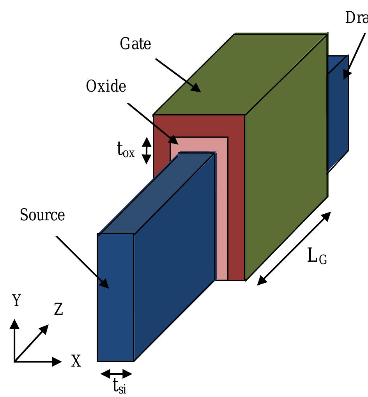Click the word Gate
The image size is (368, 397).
point(135,44)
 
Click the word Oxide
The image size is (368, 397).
point(106,86)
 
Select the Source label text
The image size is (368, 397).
point(42,215)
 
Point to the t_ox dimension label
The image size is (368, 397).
point(126,151)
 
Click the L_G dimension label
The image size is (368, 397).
point(317,257)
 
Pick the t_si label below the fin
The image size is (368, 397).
point(119,386)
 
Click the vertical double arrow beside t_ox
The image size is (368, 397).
point(146,151)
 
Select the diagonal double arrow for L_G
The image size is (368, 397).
point(294,248)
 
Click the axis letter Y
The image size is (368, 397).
point(16,301)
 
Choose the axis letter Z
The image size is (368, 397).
point(58,309)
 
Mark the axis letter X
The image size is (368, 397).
point(76,362)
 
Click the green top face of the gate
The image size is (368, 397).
point(240,74)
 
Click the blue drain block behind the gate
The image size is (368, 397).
point(338,113)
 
